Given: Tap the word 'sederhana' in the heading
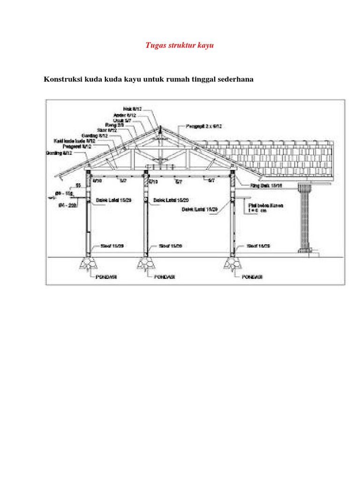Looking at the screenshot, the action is point(234,79).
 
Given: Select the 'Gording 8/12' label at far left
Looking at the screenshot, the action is point(59,153).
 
